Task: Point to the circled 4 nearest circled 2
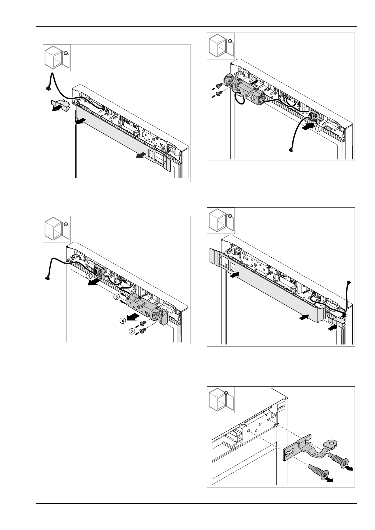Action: [x=122, y=321]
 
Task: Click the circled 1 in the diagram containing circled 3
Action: [x=89, y=275]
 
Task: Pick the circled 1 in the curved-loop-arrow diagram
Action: [x=318, y=129]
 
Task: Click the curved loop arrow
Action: [x=240, y=98]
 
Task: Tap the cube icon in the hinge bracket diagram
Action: [x=221, y=400]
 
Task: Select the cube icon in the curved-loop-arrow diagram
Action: [x=221, y=46]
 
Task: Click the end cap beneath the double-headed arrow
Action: [x=336, y=322]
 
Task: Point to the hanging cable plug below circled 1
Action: [x=290, y=149]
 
